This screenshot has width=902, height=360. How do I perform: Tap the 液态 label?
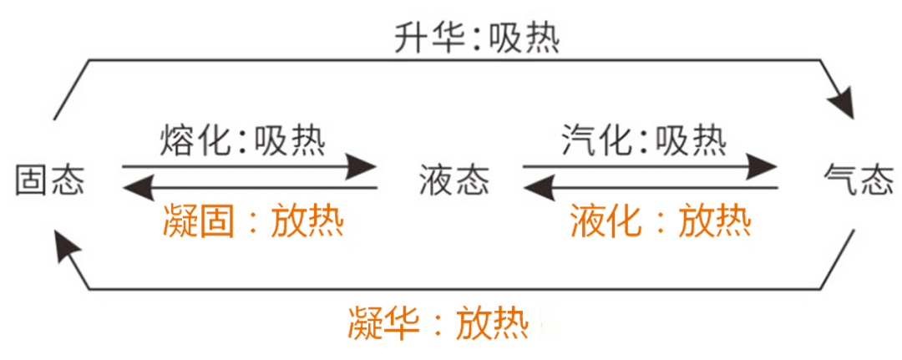tap(454, 180)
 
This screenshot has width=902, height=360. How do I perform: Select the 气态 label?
tap(859, 180)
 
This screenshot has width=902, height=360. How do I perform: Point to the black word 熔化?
tap(191, 139)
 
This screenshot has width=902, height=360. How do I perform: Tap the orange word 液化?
tap(605, 222)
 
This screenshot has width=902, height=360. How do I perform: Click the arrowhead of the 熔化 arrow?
tap(364, 168)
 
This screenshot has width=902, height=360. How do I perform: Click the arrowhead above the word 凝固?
tap(134, 189)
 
